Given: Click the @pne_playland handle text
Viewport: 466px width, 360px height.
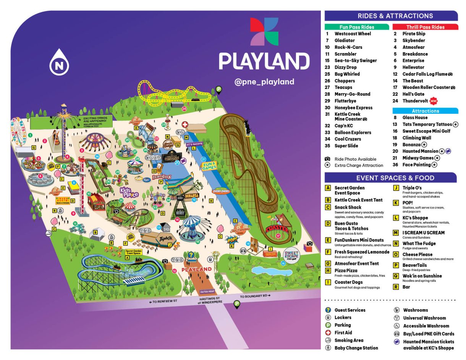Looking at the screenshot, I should (x=264, y=82).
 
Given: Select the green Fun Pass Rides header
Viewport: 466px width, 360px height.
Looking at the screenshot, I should (x=357, y=27).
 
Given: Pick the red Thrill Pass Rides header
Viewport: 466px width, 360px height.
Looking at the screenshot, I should (x=425, y=27).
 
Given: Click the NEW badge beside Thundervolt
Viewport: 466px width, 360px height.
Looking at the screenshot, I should (x=433, y=101).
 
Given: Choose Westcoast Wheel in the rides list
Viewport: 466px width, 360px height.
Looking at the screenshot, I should (x=353, y=34).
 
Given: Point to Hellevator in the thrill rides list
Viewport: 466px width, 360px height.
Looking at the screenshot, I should (x=413, y=68).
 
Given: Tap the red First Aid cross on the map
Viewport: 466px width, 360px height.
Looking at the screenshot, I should (x=185, y=125).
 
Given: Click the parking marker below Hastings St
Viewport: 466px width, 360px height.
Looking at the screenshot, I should (x=237, y=304).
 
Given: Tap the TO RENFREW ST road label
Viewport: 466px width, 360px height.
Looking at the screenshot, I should (x=165, y=302).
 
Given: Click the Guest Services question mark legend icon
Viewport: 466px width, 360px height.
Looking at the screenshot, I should (x=327, y=310).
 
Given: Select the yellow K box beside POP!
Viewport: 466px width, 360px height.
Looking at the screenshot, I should (x=396, y=203).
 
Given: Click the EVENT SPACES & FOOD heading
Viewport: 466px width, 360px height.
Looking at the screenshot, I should (x=391, y=178).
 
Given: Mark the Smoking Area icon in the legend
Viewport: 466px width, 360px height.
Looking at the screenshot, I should (x=327, y=341).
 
